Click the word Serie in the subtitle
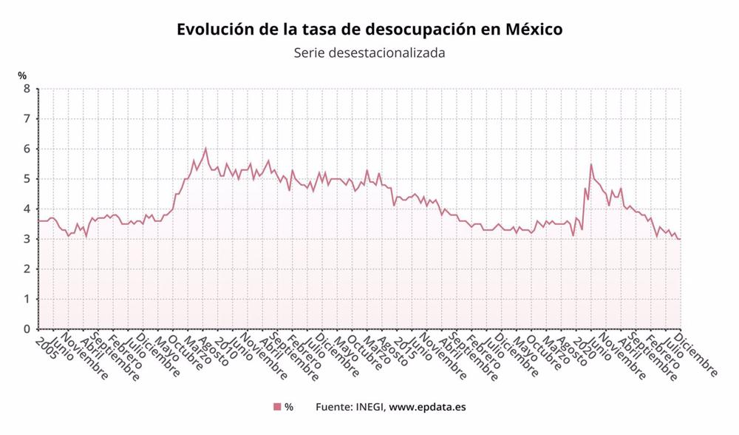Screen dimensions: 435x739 pos(310,53)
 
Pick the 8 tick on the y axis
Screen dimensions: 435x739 pos(27,89)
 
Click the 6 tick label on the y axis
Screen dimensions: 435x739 pos(27,149)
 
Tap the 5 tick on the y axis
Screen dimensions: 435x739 pos(27,179)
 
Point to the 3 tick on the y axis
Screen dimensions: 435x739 pos(27,239)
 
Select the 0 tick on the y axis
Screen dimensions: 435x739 pos(27,329)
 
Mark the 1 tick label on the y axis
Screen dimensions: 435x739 pos(27,299)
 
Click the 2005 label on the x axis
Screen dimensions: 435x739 pos(46,345)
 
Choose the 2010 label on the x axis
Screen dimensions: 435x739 pos(225,345)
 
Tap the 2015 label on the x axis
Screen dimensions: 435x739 pos(403,345)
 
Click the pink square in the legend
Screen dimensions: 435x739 pos(277,407)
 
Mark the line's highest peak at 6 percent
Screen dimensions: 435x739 pos(205,148)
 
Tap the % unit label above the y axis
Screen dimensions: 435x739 pos(23,75)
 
